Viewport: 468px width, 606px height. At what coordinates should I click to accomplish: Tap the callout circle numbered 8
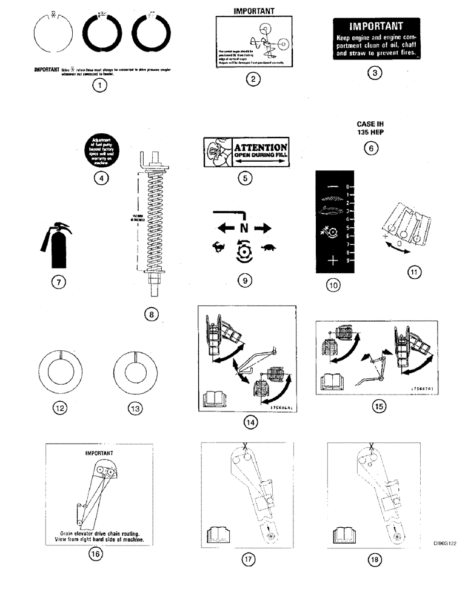(152, 314)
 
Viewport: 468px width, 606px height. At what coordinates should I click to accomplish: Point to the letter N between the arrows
(244, 228)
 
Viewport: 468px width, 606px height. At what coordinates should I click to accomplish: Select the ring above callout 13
(135, 371)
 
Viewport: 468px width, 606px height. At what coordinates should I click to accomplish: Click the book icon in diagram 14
(215, 399)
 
